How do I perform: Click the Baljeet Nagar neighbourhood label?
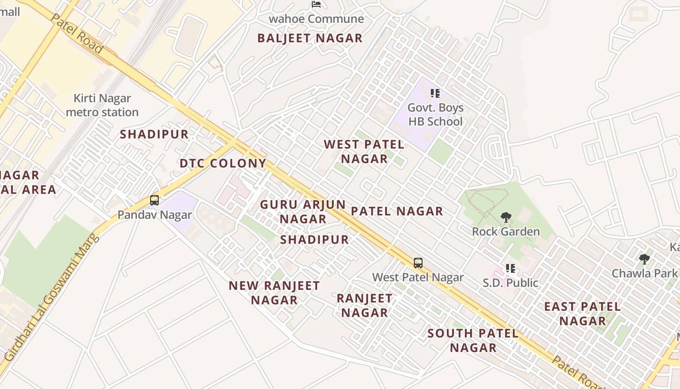point(310,38)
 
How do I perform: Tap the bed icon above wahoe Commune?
point(316,5)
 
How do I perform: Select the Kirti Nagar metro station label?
point(102,106)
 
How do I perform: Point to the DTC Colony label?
point(223,163)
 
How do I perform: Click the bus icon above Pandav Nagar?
point(154,200)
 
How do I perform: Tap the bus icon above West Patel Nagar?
point(418,263)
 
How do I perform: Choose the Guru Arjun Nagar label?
point(303,212)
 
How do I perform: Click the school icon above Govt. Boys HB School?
point(435,93)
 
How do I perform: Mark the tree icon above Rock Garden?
point(506,217)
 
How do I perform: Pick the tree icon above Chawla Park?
point(645,259)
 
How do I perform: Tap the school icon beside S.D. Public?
point(510,268)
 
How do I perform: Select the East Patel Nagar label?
point(582,314)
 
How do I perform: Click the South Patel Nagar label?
point(473,340)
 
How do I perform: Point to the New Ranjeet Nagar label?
point(274,293)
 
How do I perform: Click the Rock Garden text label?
point(506,231)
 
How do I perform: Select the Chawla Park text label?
point(644,273)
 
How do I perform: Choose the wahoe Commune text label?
point(316,19)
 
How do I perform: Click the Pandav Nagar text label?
point(154,214)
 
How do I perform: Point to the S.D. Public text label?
point(510,283)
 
